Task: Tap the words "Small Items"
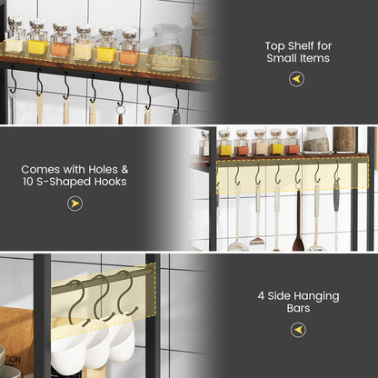coord(297,58)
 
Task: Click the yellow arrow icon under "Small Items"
coord(297,79)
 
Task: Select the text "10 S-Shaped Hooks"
coord(75,182)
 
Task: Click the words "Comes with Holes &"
coord(75,168)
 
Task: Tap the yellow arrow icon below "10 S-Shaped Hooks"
coord(75,204)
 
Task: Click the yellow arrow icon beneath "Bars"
coord(297,330)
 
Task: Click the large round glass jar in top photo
coord(165,48)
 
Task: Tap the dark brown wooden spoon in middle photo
coord(297,223)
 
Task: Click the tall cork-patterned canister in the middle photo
coord(343,139)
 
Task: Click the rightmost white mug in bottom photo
coord(121,342)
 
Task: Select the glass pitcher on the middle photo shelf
coord(316,139)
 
